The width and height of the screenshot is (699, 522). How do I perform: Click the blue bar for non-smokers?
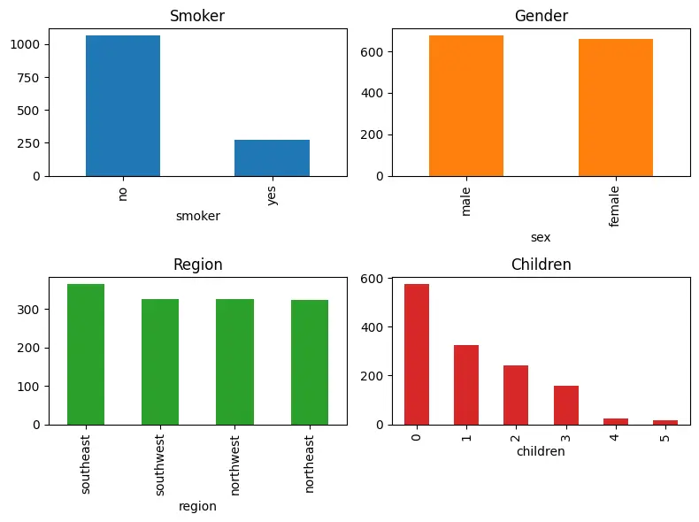coord(123,106)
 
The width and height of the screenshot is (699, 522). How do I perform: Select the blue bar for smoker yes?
coord(272,157)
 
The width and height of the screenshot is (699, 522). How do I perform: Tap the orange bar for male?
coord(466,106)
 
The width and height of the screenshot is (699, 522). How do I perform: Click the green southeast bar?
coord(86,354)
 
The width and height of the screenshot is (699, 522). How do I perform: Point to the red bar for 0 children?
coord(417,354)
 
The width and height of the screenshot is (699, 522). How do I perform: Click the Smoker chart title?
coord(197,16)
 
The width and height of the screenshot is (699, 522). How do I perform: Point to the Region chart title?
coord(197,265)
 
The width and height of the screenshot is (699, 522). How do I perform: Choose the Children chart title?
coord(542,265)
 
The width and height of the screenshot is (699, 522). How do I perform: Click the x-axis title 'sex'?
coord(541,237)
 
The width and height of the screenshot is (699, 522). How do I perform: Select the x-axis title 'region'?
coord(197,506)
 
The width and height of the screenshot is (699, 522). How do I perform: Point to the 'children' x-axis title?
coord(541,451)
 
